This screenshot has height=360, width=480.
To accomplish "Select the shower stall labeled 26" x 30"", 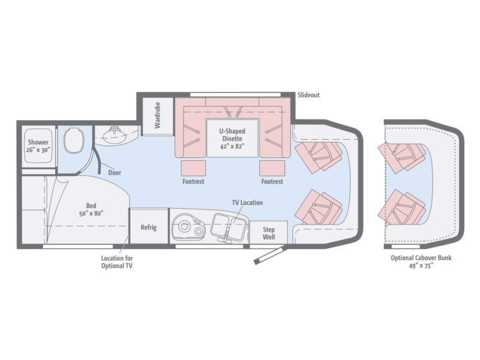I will pyautogui.click(x=38, y=146).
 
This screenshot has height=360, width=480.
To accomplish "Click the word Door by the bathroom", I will pyautogui.click(x=115, y=173).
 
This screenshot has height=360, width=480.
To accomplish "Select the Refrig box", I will pyautogui.click(x=148, y=227).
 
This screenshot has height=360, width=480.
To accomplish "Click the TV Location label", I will pyautogui.click(x=247, y=203).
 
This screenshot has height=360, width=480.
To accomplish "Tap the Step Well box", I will pyautogui.click(x=268, y=232).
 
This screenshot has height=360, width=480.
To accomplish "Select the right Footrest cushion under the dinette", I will pyautogui.click(x=272, y=167).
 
